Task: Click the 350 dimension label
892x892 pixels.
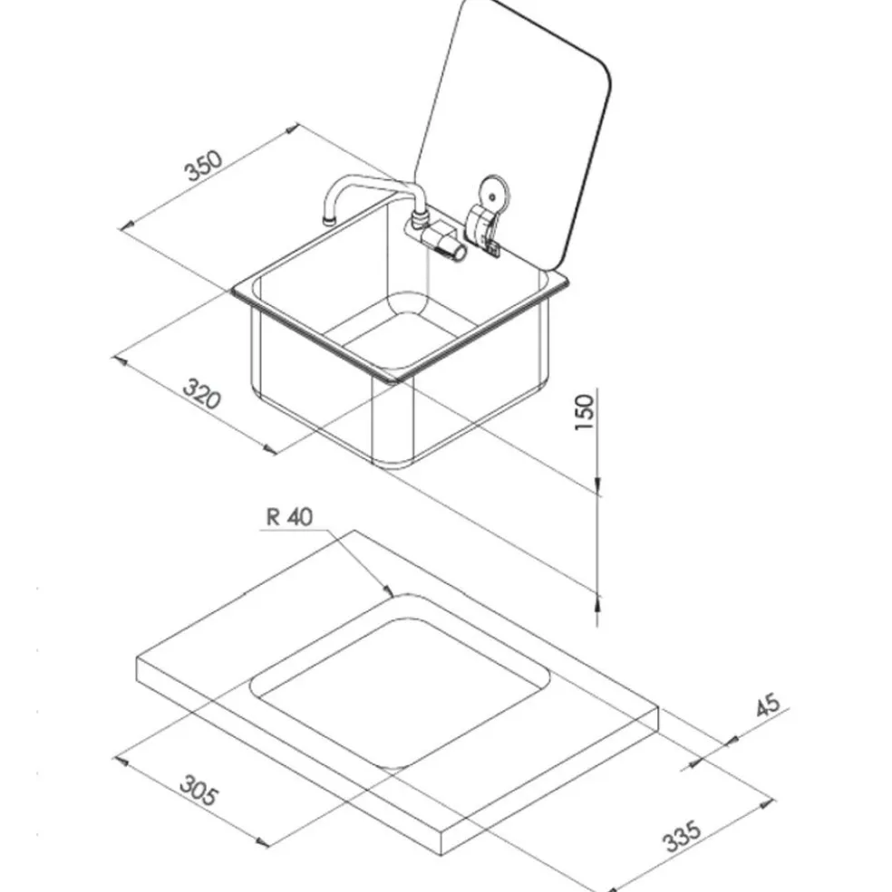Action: click(x=203, y=165)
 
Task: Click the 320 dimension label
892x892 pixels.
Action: click(x=201, y=394)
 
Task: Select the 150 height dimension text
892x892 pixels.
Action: click(x=585, y=412)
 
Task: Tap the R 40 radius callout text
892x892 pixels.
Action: click(x=289, y=516)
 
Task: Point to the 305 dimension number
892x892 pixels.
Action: click(x=199, y=791)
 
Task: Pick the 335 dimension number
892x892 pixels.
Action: click(x=682, y=835)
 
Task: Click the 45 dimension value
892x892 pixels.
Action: click(x=768, y=705)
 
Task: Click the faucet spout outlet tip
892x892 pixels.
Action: click(x=329, y=219)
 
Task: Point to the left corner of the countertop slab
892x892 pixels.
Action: click(x=138, y=658)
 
